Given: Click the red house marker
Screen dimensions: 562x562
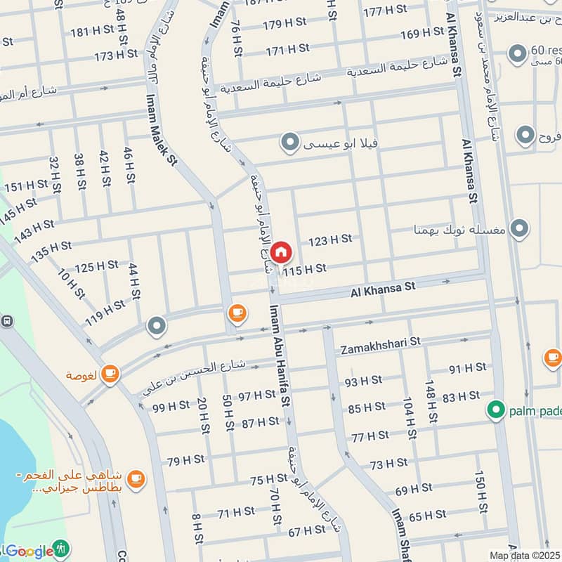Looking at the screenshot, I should click(281, 251).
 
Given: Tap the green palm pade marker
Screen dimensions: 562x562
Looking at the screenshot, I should click(497, 409).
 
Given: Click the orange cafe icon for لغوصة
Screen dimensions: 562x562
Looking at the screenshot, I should click(110, 374).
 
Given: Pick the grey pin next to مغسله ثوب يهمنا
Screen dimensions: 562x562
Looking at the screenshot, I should click(519, 228).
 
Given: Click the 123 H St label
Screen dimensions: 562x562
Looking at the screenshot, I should click(329, 240).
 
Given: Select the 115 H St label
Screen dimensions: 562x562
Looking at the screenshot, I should click(305, 269).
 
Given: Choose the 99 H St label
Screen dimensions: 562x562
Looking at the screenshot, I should click(171, 406).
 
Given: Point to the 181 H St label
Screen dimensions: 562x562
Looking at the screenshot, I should click(91, 32).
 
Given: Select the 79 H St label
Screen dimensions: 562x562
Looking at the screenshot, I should click(185, 460).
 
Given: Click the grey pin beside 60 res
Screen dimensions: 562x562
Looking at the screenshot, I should click(518, 53).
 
